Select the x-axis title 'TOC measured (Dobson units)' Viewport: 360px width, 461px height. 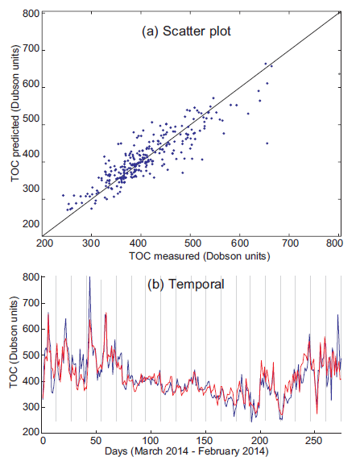(x=192, y=256)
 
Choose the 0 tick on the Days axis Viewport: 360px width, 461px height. (x=43, y=442)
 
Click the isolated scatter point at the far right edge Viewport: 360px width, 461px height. (x=339, y=73)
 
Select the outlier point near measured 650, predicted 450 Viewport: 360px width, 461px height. (x=267, y=143)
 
